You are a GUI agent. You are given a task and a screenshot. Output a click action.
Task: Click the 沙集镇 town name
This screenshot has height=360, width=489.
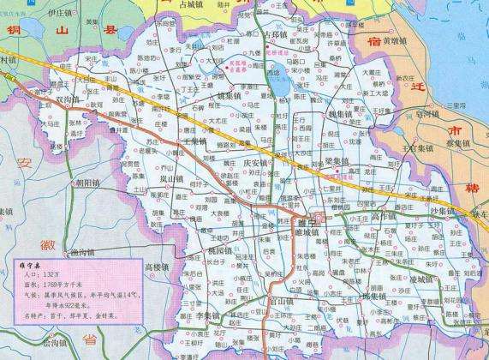445,209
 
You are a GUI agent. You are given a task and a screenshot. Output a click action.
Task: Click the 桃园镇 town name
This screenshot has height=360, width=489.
221,249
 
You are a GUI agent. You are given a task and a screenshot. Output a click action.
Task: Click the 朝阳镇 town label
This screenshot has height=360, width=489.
88,183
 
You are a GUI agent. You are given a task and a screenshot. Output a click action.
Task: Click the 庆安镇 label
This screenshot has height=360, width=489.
258,162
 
